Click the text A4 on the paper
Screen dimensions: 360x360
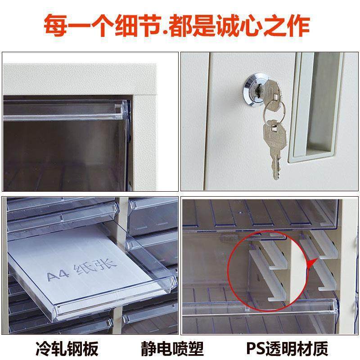coord(58,274)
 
